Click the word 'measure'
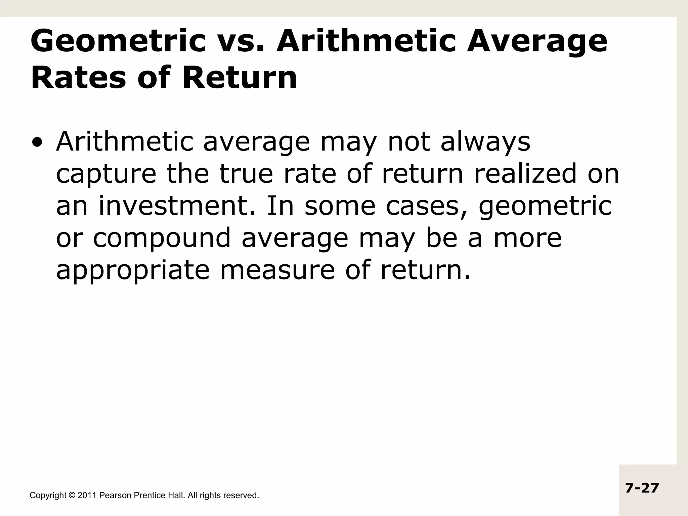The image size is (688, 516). point(277,270)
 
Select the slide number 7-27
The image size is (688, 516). point(642,488)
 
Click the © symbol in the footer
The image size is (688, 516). point(73,495)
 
